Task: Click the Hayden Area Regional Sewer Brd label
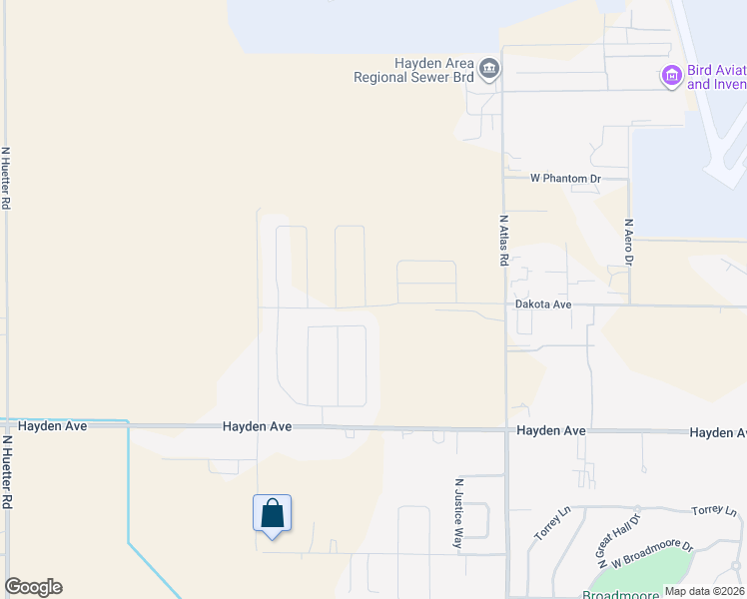417,69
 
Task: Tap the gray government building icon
489,69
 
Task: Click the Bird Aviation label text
716,78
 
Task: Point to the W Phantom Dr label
565,179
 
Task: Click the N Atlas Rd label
503,240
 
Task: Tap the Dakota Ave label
542,303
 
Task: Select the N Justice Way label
458,512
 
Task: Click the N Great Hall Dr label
618,531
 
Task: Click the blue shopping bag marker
272,515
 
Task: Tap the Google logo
33,587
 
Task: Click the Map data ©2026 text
703,591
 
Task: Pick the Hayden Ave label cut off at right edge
717,432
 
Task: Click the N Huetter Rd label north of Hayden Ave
6,178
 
